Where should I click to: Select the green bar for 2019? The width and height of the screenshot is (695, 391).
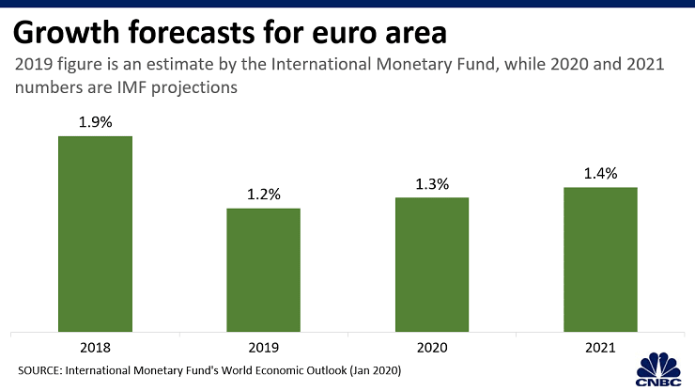click(263, 270)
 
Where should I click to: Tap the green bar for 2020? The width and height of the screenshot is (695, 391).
click(432, 264)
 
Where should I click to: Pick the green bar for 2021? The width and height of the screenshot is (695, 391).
click(600, 258)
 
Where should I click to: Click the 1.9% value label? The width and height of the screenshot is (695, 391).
click(95, 121)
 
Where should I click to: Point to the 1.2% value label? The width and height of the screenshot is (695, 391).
click(263, 194)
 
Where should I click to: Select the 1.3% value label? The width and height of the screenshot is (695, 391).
click(432, 183)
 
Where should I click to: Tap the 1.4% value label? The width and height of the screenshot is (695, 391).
click(600, 173)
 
